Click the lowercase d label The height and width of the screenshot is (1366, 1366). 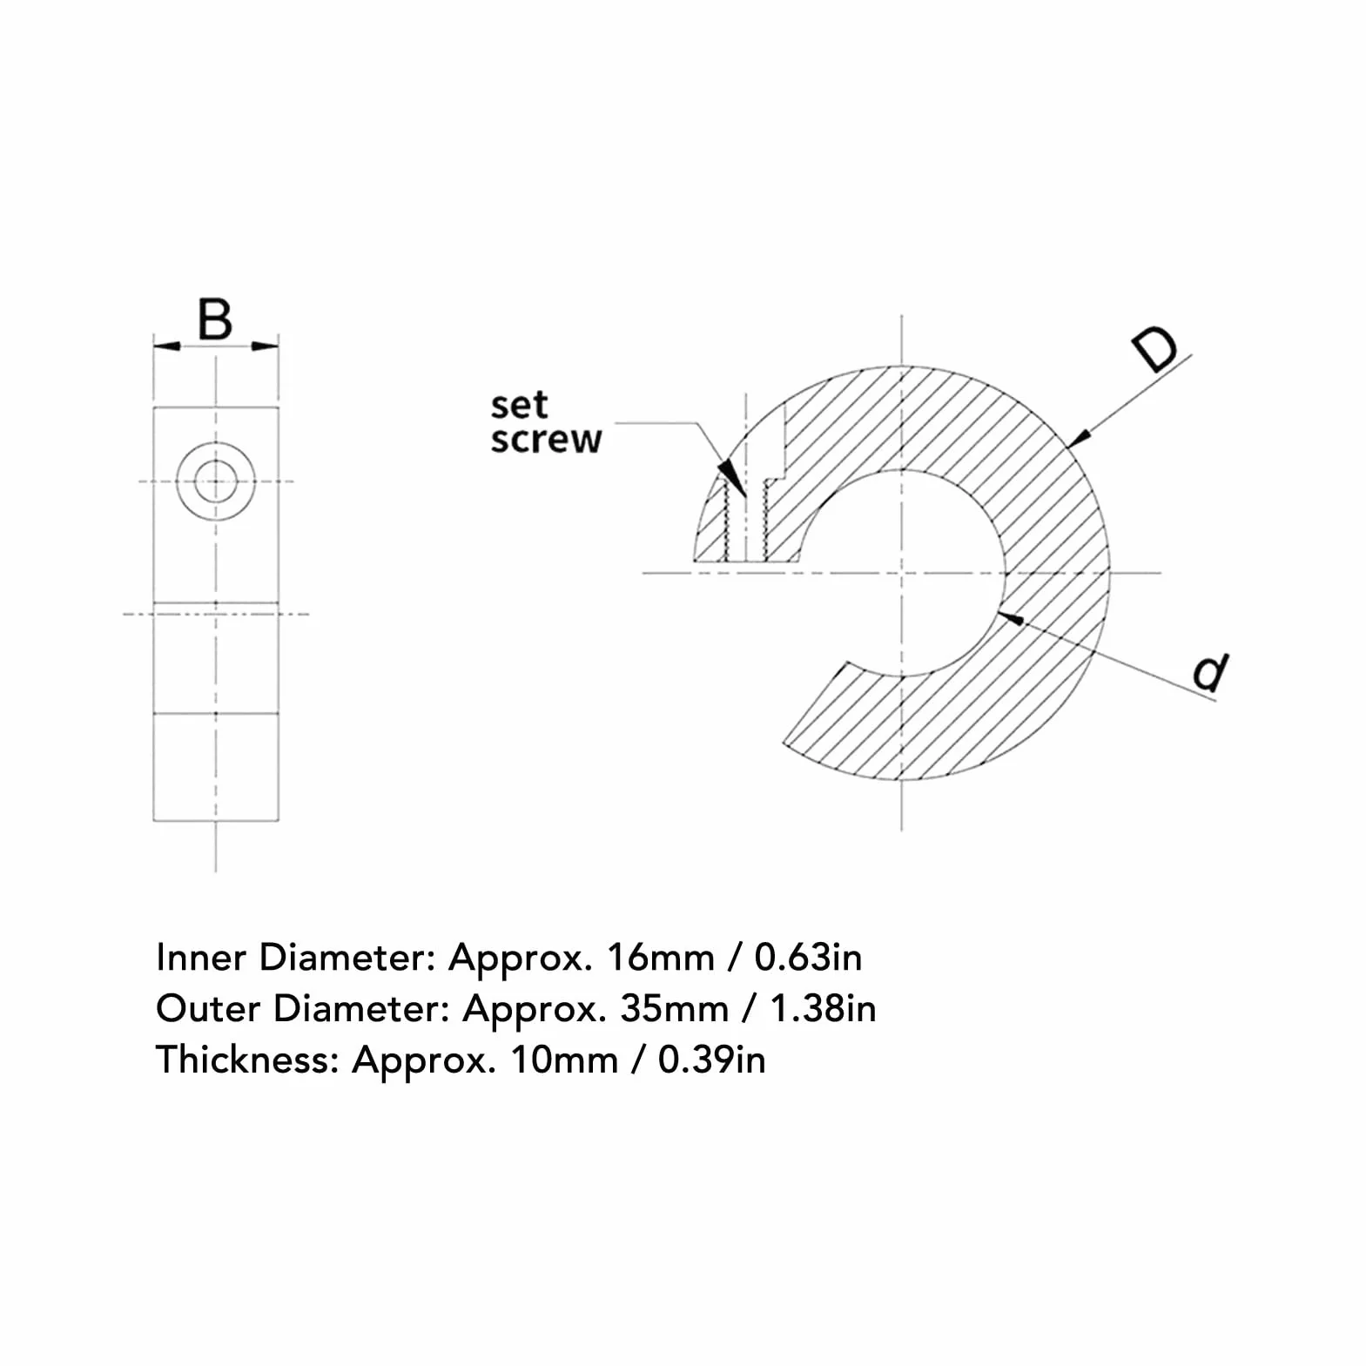(x=1210, y=672)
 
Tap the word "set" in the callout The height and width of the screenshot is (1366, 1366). (x=519, y=405)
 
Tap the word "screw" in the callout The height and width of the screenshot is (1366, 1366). (x=546, y=439)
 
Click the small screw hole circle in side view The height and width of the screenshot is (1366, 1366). (x=215, y=481)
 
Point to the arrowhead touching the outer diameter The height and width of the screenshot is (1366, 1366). (x=1079, y=438)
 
